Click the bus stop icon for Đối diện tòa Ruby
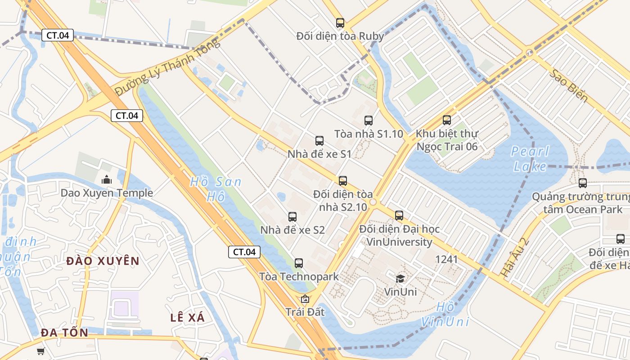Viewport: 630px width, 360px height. click(340, 22)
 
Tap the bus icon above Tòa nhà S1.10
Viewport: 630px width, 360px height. click(369, 120)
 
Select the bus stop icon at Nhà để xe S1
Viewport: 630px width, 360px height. click(319, 140)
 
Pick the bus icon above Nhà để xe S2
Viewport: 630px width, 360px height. click(292, 216)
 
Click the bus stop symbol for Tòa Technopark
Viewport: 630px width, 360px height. click(299, 263)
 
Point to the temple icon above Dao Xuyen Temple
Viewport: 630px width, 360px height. click(107, 180)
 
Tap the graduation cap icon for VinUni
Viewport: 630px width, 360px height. click(400, 279)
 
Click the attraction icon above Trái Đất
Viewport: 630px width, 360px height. click(305, 299)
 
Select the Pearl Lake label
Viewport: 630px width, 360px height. click(530, 159)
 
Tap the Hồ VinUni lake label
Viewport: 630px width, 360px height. click(445, 315)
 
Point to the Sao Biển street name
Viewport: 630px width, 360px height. click(568, 85)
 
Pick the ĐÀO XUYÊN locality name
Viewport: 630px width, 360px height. click(103, 261)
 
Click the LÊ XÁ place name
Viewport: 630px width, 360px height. click(188, 317)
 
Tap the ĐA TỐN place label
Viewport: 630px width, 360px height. click(64, 333)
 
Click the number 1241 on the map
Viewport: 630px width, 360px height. click(446, 259)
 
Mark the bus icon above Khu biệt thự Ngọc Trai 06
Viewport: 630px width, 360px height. click(447, 120)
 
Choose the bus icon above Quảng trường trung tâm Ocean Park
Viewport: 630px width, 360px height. click(583, 183)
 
